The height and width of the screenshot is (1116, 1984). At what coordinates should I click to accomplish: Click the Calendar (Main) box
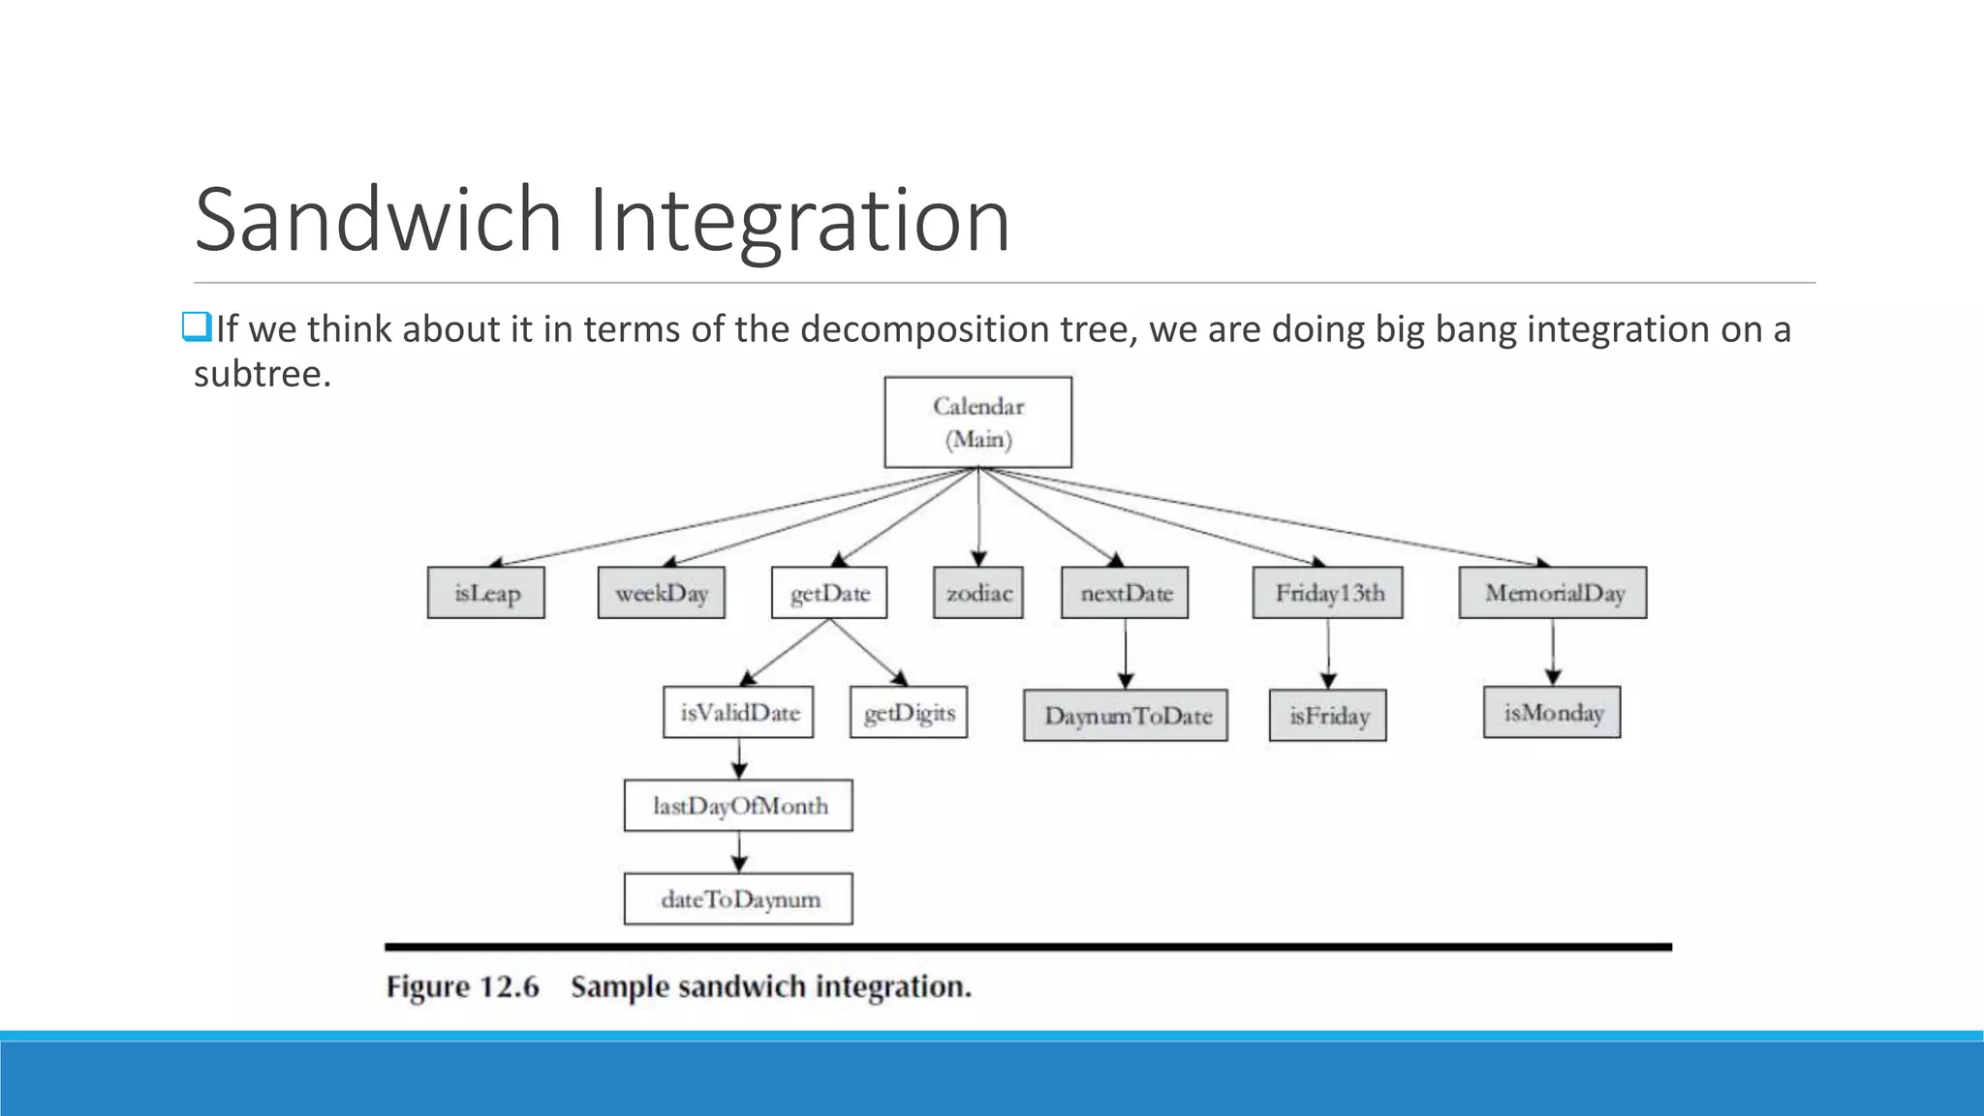[x=978, y=422]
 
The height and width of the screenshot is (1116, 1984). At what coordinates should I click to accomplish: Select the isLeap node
[x=486, y=593]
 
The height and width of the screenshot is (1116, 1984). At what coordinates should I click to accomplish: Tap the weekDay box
[x=662, y=593]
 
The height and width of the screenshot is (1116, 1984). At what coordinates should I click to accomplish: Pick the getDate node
[x=830, y=593]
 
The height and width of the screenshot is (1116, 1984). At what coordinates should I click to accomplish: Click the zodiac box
[x=978, y=593]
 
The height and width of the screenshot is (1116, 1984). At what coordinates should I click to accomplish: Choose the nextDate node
[x=1126, y=593]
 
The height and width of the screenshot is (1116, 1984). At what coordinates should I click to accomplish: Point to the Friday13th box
[x=1328, y=593]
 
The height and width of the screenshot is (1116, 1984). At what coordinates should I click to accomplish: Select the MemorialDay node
[x=1553, y=593]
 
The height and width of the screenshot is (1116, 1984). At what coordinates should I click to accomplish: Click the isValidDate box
[x=739, y=713]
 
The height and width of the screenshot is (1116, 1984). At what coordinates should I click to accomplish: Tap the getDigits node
[x=909, y=713]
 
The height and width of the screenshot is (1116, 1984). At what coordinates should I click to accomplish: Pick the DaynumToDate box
[x=1126, y=716]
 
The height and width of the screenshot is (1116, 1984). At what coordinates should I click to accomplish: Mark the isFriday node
[x=1328, y=716]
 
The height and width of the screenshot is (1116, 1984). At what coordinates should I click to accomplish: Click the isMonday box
[x=1552, y=713]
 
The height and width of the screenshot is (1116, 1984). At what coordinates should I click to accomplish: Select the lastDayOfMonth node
[x=739, y=806]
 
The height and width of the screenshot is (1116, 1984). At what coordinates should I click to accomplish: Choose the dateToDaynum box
[x=739, y=899]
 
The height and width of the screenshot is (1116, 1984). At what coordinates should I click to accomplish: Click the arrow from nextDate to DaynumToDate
[x=1126, y=654]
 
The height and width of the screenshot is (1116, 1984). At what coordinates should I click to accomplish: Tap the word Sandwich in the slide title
[x=378, y=220]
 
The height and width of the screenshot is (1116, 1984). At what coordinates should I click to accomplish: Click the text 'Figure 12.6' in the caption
[x=462, y=987]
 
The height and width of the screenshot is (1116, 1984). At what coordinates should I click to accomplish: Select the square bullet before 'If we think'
[x=197, y=328]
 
